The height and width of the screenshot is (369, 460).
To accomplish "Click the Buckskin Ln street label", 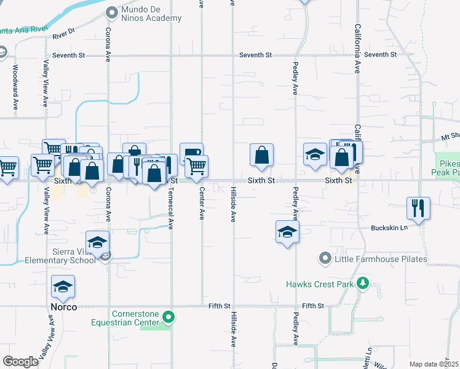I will pos(389,228).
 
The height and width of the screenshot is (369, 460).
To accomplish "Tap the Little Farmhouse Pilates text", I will pos(380,259).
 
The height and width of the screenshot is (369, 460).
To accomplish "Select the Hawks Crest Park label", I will pos(320,284).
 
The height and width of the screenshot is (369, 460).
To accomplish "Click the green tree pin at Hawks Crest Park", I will pos(363,284).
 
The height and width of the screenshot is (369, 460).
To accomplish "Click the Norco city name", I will pos(64,306).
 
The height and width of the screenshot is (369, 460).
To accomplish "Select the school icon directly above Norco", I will pos(63,285).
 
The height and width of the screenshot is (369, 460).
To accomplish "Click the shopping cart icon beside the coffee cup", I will pos(197,165).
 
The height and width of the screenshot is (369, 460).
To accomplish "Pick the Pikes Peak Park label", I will pos(448,169).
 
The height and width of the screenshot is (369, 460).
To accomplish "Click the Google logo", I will pos(20,362).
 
